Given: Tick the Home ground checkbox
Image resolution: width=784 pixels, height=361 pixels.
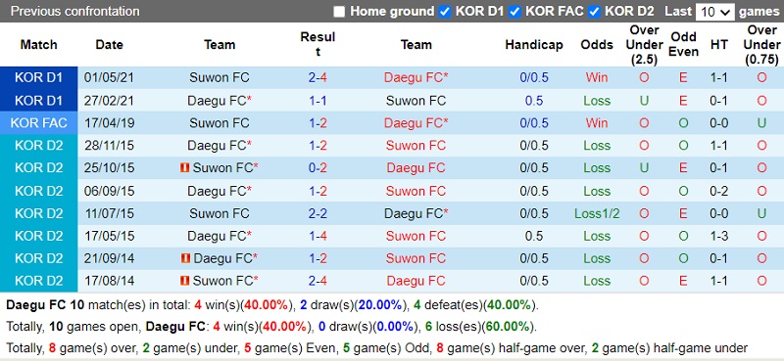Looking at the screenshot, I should (x=339, y=12).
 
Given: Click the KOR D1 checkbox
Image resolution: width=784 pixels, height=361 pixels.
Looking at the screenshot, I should (x=446, y=12).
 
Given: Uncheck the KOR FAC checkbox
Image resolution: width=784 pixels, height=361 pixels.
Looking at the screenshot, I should (x=516, y=12).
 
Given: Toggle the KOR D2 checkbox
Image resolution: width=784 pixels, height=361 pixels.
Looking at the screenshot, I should (x=594, y=12).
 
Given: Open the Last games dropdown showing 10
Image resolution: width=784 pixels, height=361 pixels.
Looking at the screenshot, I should (x=714, y=12).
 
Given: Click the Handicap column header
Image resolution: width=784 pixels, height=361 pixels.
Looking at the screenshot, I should (x=534, y=44).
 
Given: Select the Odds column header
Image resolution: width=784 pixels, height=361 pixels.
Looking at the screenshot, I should (x=597, y=44).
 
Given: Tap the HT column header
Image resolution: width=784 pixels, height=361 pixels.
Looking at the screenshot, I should (x=719, y=44).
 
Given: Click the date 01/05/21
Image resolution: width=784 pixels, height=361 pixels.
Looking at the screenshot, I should (x=110, y=77).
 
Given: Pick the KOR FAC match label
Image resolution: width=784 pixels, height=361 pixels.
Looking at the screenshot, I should (x=39, y=123).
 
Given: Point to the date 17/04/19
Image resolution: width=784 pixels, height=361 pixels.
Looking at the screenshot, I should (x=110, y=123).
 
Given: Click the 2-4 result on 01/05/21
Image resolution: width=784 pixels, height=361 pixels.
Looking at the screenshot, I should (x=318, y=77).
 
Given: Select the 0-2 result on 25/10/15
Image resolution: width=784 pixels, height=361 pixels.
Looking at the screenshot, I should (x=318, y=167).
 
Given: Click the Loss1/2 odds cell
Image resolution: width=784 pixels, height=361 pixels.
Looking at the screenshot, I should (x=597, y=212).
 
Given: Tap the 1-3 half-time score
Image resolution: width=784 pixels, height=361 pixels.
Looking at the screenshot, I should (x=719, y=236).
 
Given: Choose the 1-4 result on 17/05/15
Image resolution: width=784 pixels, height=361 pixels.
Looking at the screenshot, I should (x=318, y=236).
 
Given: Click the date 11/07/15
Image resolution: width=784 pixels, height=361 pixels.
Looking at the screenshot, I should (x=110, y=212).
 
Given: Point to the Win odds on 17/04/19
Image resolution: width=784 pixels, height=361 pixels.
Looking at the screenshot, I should (x=597, y=123).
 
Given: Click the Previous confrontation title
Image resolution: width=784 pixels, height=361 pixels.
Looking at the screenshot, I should (x=75, y=12).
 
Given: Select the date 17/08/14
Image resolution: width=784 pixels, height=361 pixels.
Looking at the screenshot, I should (x=110, y=281).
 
